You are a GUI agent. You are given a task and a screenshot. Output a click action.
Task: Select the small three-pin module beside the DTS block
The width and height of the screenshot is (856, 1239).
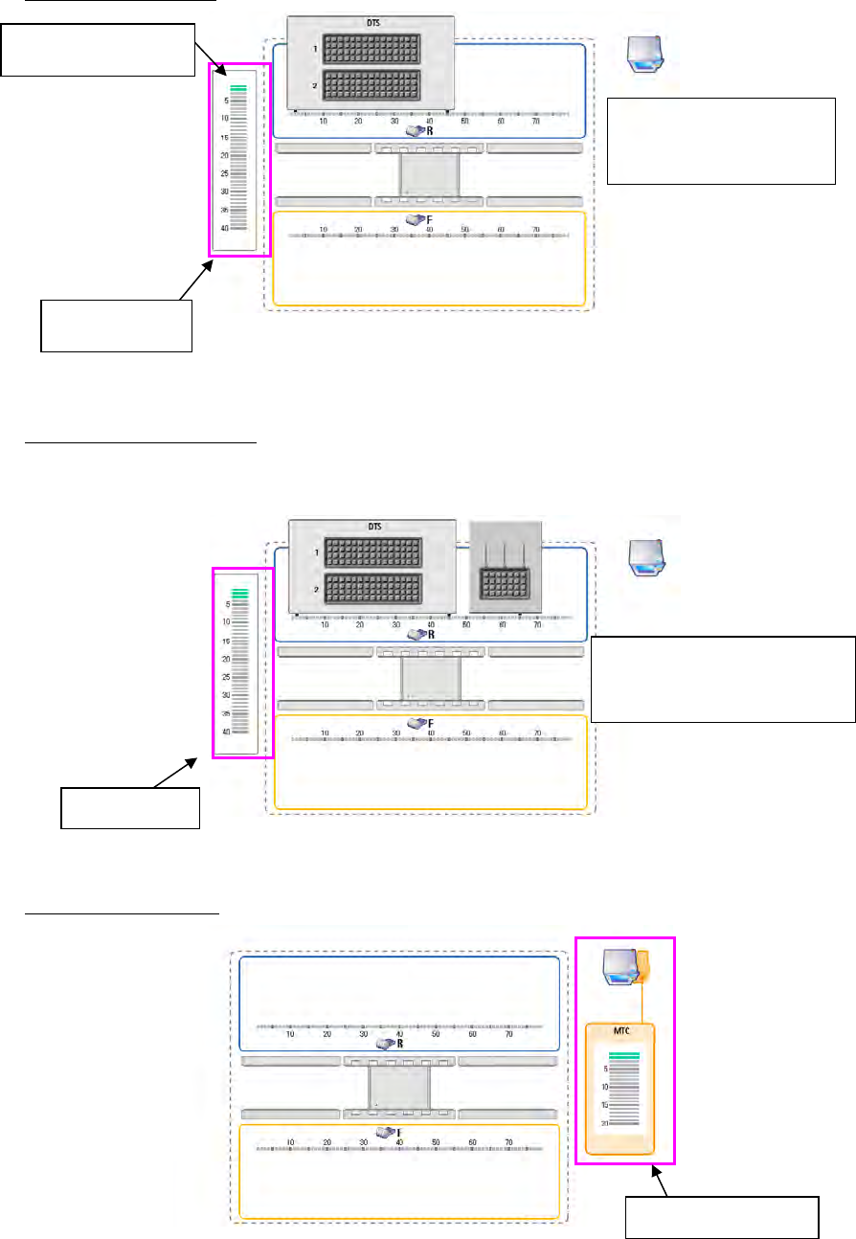(507, 568)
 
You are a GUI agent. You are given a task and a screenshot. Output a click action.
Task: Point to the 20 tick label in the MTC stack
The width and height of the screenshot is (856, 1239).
(604, 1123)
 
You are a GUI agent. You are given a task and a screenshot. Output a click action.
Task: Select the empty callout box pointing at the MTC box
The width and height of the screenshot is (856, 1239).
(722, 1216)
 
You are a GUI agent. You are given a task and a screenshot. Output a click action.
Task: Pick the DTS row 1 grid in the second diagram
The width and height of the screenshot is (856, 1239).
(371, 552)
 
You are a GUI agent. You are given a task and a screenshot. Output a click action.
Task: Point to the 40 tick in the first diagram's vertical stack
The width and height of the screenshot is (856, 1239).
(224, 228)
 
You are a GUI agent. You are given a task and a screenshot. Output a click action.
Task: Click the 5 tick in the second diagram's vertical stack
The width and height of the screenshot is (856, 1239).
(227, 604)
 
